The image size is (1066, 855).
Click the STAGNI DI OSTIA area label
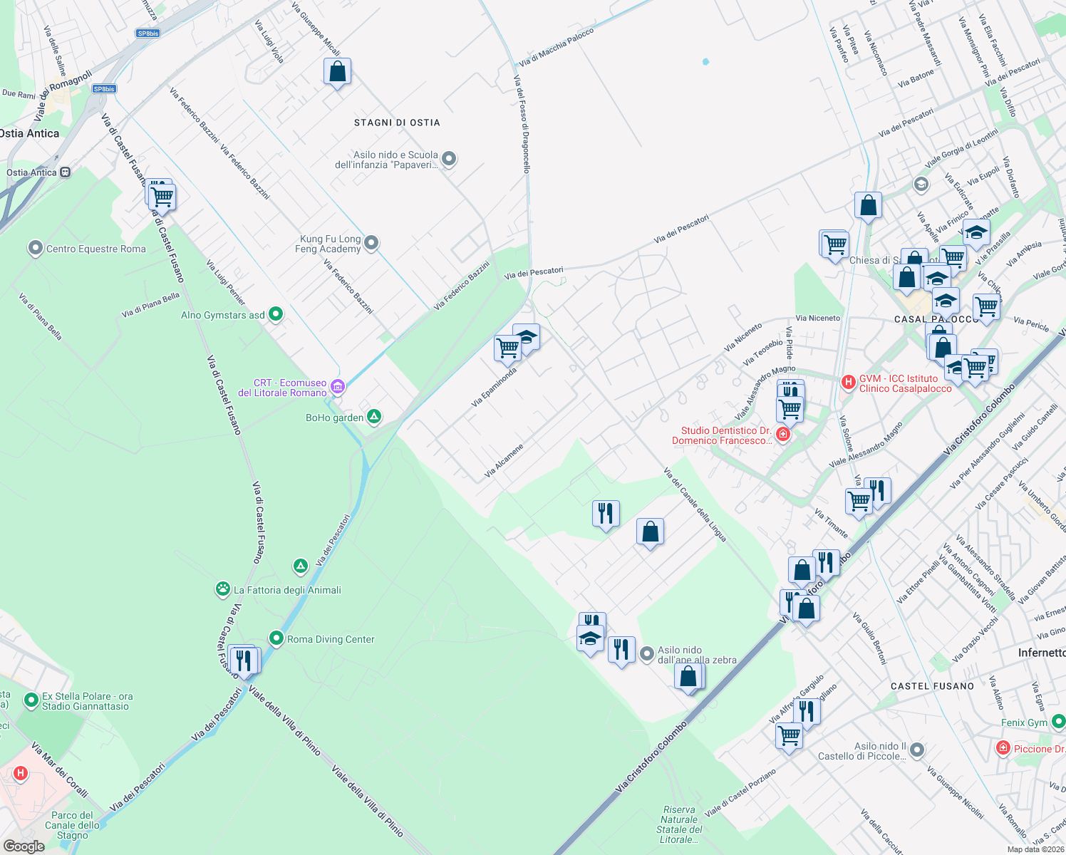[x=397, y=123]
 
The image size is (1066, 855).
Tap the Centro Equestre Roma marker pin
[x=35, y=249]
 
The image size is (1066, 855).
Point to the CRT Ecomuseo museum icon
[x=338, y=387]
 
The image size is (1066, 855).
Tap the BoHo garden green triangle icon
[x=374, y=417]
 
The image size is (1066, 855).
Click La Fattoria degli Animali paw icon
[x=223, y=589]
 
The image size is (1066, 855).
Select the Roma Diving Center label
[x=331, y=639]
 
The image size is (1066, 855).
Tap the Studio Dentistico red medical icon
[x=782, y=435]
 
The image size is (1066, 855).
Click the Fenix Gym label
[x=1024, y=722]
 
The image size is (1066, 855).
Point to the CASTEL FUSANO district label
[x=932, y=686]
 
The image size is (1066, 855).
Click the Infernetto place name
[x=1041, y=653]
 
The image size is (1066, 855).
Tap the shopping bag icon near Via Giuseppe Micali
[x=337, y=72]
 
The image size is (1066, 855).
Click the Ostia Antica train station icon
[x=66, y=172]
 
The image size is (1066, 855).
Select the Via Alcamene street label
[x=504, y=461]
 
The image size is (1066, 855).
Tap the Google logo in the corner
[x=24, y=846]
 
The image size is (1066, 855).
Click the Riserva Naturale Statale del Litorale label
[x=679, y=824]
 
